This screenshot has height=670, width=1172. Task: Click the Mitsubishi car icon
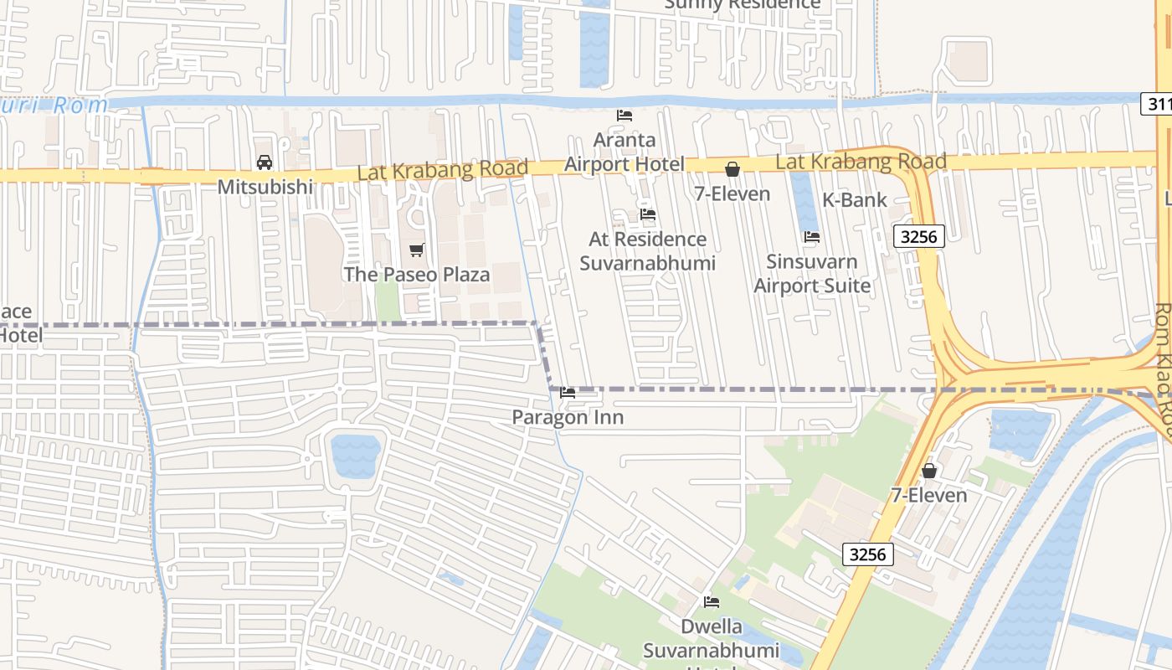click(x=264, y=162)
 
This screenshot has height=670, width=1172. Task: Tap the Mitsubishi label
click(x=265, y=187)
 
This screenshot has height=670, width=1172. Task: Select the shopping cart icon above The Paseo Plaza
click(x=417, y=250)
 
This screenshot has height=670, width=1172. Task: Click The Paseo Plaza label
click(x=417, y=275)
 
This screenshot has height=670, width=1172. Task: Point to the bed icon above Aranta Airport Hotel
click(x=625, y=116)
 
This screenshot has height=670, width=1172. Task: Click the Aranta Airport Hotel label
click(x=625, y=152)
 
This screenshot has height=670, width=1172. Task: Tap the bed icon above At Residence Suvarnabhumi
click(x=648, y=214)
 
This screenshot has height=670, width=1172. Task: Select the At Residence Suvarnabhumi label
click(x=648, y=251)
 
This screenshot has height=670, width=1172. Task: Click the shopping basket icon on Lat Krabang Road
click(x=732, y=169)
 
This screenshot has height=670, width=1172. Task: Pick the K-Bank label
click(x=854, y=200)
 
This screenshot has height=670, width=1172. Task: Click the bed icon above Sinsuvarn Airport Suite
click(x=812, y=237)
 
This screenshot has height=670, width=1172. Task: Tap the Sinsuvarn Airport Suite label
click(x=812, y=273)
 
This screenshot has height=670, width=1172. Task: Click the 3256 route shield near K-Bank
click(x=918, y=237)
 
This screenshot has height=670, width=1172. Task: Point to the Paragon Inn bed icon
click(x=568, y=393)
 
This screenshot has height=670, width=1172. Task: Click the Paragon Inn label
click(x=568, y=417)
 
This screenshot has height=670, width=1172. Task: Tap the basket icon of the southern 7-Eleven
click(x=929, y=471)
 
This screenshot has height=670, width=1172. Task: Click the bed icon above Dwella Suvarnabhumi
click(x=712, y=602)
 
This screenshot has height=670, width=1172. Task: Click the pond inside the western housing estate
click(x=356, y=456)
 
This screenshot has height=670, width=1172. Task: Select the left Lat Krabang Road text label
click(x=443, y=170)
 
